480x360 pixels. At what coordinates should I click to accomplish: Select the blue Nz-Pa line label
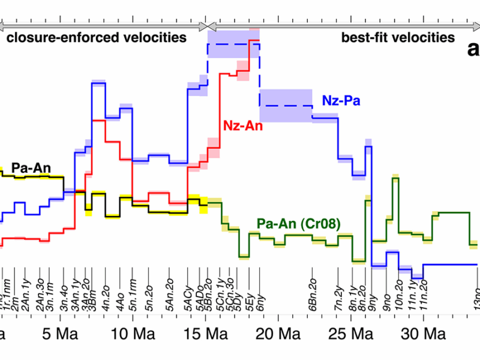[x=341, y=101]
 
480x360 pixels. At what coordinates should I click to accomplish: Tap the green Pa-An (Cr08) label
[x=298, y=224]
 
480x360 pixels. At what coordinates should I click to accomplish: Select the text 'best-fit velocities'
[x=398, y=38]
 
